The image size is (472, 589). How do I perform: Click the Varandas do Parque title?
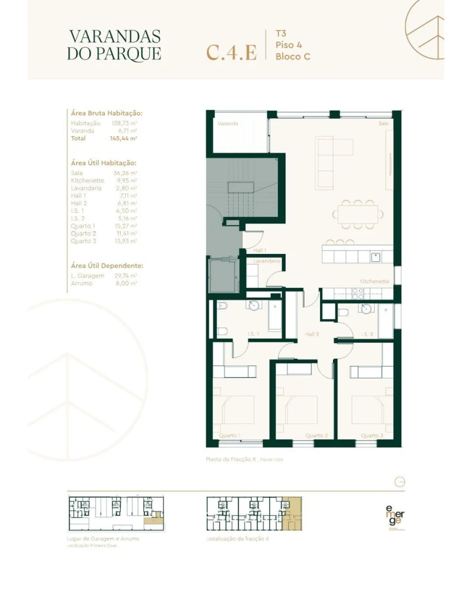(114, 45)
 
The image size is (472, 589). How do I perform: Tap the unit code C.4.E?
(231, 53)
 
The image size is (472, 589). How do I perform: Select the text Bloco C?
(293, 56)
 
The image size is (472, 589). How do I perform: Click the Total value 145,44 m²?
(123, 138)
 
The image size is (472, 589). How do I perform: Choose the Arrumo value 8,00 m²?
(126, 283)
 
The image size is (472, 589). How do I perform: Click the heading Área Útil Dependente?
(106, 265)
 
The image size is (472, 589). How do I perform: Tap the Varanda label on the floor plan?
(228, 124)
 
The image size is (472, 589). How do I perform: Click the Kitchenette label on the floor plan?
(374, 281)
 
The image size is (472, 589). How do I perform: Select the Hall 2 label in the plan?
(313, 334)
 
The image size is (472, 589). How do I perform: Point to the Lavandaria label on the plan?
(266, 260)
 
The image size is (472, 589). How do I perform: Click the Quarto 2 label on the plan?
(316, 436)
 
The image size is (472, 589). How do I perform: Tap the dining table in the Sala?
(357, 214)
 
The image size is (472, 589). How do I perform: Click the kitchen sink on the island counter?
(375, 257)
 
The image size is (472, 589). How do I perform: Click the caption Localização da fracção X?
(238, 539)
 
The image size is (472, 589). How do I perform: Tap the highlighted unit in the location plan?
(292, 513)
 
